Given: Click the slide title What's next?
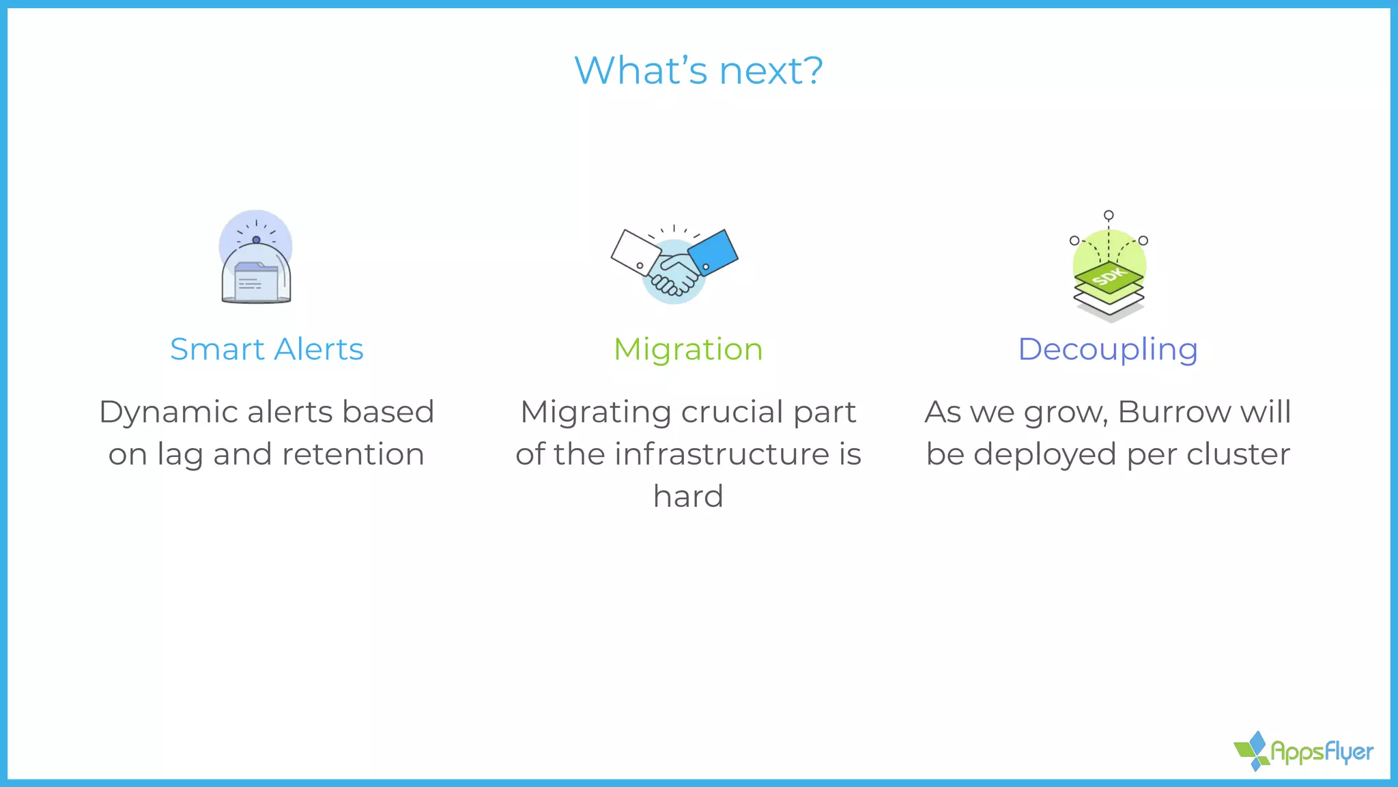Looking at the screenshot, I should click(698, 70).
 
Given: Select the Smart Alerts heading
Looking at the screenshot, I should click(266, 349).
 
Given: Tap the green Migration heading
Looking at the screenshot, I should click(688, 349).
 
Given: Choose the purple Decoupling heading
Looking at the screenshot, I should click(1107, 349).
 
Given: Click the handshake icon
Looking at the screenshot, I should click(674, 265).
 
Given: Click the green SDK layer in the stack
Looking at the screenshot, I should click(1109, 277).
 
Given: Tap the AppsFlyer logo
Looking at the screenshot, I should click(1304, 751).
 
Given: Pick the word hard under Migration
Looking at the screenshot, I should click(688, 497).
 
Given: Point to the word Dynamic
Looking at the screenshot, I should click(168, 412).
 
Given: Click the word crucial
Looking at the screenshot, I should click(732, 412).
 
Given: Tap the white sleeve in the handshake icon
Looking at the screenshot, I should click(635, 251).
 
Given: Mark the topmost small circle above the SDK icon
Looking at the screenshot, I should click(1109, 215).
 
